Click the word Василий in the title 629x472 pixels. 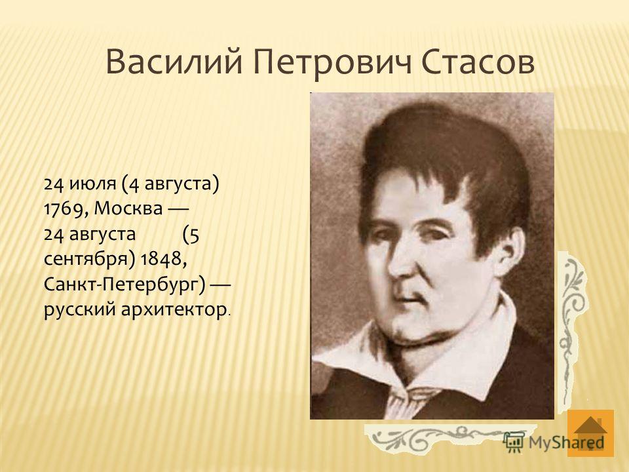point(174,63)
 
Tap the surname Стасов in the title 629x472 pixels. point(478,63)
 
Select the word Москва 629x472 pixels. point(128,209)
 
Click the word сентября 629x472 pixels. point(88,260)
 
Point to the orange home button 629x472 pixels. point(590,433)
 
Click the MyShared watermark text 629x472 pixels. point(566,442)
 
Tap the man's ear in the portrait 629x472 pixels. point(510,253)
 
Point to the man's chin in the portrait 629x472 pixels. point(413,325)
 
